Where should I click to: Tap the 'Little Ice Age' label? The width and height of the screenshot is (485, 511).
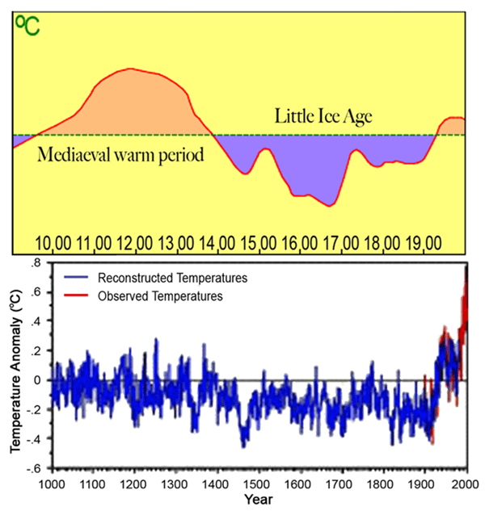(324, 116)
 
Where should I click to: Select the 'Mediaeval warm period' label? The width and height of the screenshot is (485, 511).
(120, 154)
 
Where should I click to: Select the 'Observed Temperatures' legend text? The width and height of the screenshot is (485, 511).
(159, 296)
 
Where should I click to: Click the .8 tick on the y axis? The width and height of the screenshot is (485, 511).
(36, 263)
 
